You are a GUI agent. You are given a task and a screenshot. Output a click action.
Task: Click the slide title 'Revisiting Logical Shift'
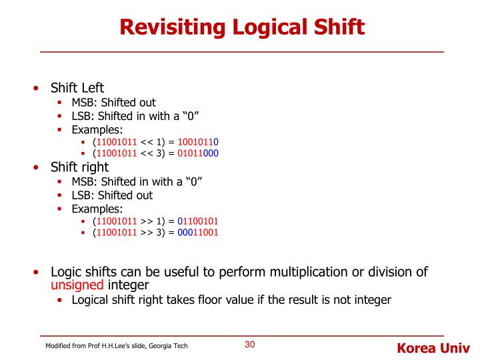click(242, 27)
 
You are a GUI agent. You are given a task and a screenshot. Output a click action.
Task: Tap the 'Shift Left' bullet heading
click(77, 89)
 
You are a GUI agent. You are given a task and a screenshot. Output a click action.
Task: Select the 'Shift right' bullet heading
click(79, 167)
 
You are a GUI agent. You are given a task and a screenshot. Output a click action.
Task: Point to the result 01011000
click(198, 153)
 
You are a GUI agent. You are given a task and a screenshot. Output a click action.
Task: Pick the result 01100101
click(197, 221)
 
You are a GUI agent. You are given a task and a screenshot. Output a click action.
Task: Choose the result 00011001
click(197, 233)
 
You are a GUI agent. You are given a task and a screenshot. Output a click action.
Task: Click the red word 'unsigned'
click(77, 285)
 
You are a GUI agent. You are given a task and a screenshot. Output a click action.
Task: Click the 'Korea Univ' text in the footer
click(433, 347)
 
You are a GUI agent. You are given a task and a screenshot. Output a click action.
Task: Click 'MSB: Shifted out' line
click(113, 103)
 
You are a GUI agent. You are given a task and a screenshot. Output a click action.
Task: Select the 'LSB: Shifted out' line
click(112, 195)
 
